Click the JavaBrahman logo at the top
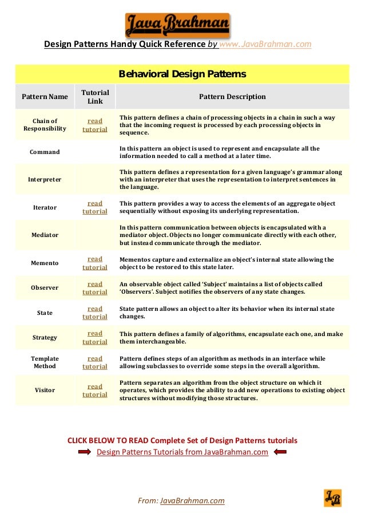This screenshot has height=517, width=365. pos(177,25)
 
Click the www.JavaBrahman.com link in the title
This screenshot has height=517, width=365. pos(265,44)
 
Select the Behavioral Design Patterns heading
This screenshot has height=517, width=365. pos(182,74)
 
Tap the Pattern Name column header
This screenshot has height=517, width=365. pos(45,97)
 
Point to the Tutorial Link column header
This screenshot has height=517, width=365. pos(95,97)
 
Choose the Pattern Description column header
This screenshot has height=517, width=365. pos(232,97)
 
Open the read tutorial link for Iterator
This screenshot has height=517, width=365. pos(95,207)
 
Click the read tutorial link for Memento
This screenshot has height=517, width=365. pos(95,263)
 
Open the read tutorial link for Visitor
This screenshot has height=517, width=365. pos(95,390)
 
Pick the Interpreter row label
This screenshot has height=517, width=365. pos(45,179)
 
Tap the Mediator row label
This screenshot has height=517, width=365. pos(45,235)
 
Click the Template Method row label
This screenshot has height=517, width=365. pos(45,362)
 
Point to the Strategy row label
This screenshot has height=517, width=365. pos(45,337)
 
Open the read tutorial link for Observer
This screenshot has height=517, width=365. pos(95,288)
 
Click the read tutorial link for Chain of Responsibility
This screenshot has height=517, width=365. pos(95,125)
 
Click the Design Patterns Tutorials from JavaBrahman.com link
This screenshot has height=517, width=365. pos(182,452)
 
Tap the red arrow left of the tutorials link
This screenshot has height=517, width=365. pos(85,452)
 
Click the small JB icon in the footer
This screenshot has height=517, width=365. pos(332,498)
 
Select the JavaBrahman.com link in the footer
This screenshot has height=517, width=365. pos(192,501)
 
